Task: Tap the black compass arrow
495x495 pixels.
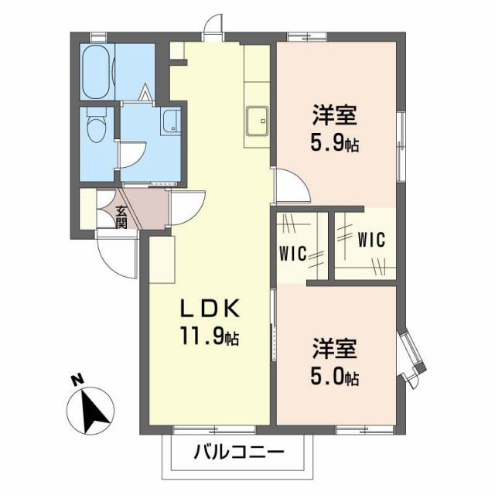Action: [x=97, y=411]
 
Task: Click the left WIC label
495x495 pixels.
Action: [x=294, y=252]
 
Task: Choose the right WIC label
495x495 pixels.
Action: [x=371, y=239]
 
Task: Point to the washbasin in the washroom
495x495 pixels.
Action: [x=171, y=121]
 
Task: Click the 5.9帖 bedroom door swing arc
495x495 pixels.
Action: [x=291, y=190]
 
